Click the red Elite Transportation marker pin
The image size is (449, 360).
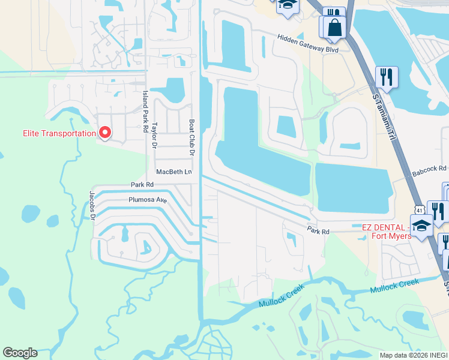click(x=105, y=132)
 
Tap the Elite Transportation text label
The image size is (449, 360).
click(x=59, y=133)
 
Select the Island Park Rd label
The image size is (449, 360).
click(x=145, y=112)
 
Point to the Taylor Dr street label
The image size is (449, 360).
click(x=154, y=136)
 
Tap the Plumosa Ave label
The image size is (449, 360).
click(x=147, y=200)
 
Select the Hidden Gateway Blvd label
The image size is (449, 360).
click(x=308, y=43)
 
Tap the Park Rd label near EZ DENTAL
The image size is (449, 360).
click(x=319, y=231)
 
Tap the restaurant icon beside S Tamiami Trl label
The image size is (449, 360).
click(x=387, y=77)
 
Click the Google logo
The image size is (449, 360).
click(x=20, y=353)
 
